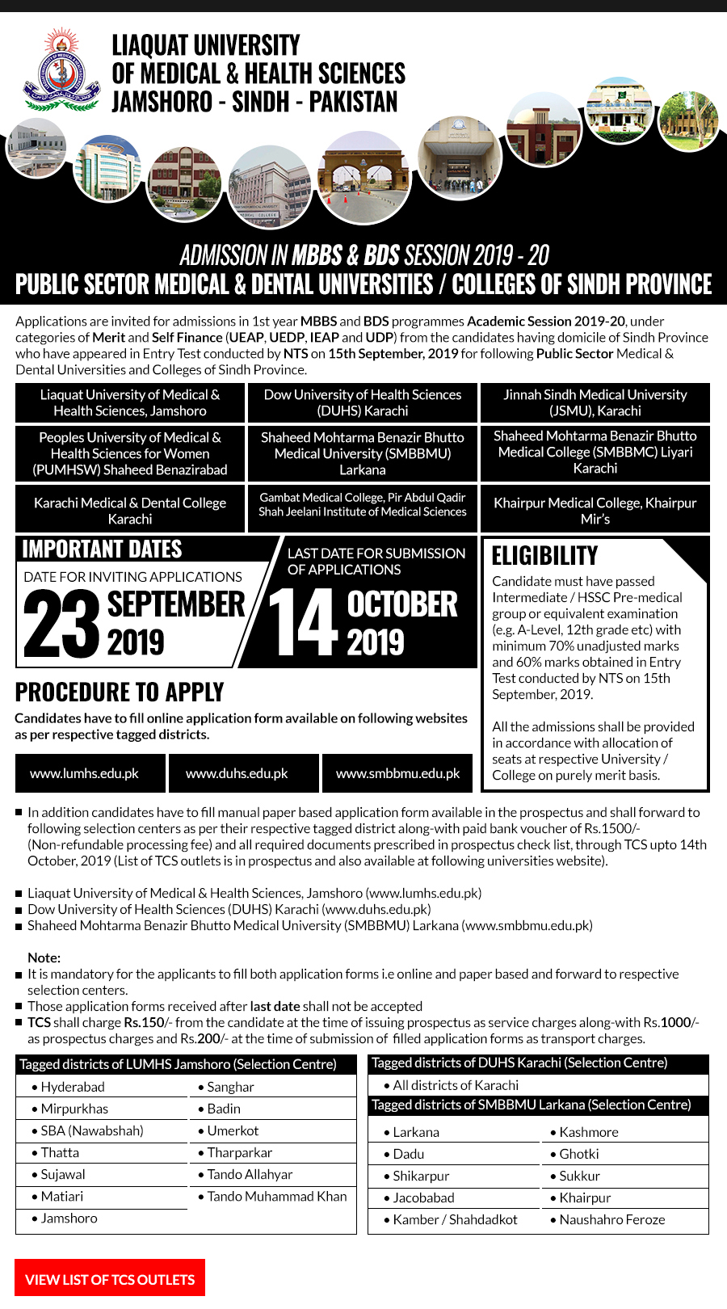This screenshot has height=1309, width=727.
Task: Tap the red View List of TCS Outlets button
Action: [x=110, y=1279]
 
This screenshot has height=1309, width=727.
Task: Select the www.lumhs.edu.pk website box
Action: [x=85, y=773]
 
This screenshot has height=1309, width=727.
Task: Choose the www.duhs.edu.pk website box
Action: [x=237, y=773]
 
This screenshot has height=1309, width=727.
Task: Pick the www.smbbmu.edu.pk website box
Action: [x=398, y=773]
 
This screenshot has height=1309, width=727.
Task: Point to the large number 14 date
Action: [x=302, y=623]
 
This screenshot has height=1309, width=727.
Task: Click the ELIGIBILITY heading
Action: [x=545, y=556]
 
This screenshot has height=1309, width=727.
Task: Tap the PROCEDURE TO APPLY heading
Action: [x=120, y=692]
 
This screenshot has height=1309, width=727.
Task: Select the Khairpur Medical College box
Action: [x=595, y=510]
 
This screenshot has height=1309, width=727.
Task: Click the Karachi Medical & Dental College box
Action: [x=130, y=510]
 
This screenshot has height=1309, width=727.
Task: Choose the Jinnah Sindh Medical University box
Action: [x=595, y=402]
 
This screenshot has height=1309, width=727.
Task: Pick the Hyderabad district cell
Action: [x=73, y=1087]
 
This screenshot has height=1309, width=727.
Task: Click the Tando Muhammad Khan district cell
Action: [x=277, y=1196]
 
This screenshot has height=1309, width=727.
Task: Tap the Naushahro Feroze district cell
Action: [x=612, y=1219]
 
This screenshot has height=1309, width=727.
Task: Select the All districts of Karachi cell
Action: [x=456, y=1085]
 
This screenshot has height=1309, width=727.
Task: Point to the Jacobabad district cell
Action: [x=423, y=1197]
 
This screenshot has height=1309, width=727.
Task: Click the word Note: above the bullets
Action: [x=44, y=958]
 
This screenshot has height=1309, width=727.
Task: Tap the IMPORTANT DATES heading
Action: [x=103, y=549]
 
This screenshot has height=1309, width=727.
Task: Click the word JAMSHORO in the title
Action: [x=160, y=103]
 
